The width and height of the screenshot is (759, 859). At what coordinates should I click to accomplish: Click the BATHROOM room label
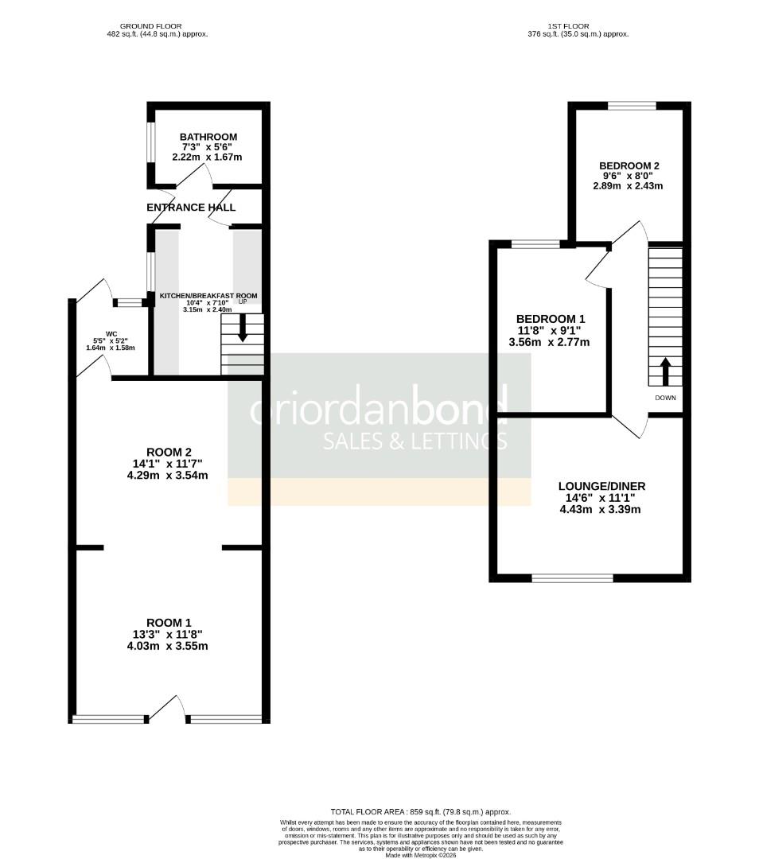click(x=208, y=137)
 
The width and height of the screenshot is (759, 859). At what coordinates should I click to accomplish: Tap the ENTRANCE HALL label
click(x=191, y=208)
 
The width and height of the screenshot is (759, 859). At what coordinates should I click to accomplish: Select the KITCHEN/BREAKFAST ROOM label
click(x=208, y=296)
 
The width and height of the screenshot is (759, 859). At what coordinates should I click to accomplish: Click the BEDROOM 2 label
click(x=629, y=165)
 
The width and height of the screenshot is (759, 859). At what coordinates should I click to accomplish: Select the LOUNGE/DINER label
click(x=601, y=487)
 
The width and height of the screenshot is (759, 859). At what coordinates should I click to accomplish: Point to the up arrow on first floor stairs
click(x=665, y=370)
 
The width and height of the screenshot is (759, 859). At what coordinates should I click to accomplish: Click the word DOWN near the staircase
click(x=665, y=398)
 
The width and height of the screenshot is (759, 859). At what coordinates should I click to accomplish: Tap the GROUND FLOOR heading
click(x=157, y=25)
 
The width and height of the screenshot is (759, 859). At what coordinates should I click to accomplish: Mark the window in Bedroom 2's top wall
click(x=632, y=105)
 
